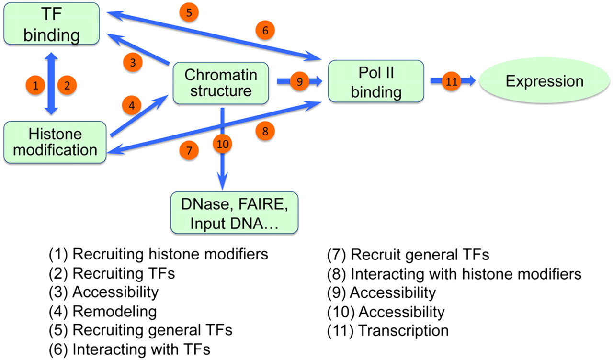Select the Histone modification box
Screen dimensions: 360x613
55,142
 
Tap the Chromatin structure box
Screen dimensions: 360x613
220,83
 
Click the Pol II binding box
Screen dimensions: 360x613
376,81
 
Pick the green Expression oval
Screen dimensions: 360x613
545,81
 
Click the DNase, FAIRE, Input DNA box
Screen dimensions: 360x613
234,213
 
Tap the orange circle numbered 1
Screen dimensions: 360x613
35,86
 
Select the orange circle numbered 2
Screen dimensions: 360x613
67,86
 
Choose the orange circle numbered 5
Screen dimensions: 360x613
190,13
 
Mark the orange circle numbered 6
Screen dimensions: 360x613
265,30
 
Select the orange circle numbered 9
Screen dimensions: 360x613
300,82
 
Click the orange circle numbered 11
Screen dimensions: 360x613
451,82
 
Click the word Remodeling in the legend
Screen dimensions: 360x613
114,312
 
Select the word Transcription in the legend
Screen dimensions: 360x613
403,330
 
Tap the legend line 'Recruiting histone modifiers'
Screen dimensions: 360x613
158,254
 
